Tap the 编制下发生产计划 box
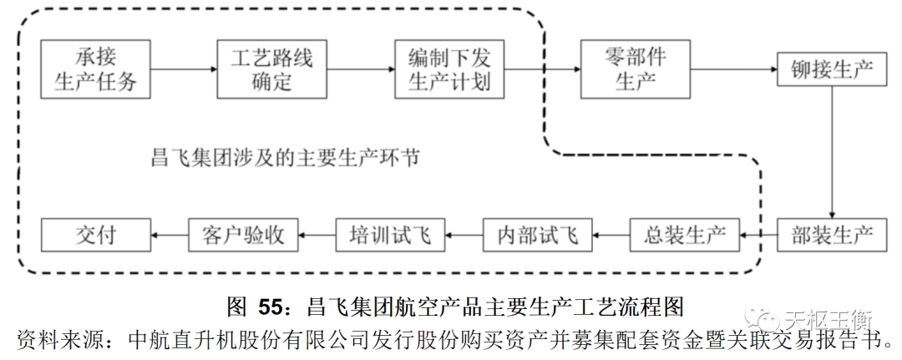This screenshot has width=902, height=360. (448, 70)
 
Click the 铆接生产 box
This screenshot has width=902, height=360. (831, 70)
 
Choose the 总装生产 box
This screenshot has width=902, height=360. (684, 235)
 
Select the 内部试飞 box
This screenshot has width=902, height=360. (537, 235)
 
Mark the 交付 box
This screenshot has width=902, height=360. (95, 235)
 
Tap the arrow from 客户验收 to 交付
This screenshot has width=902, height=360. (170, 235)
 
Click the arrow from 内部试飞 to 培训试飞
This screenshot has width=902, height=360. (464, 235)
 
